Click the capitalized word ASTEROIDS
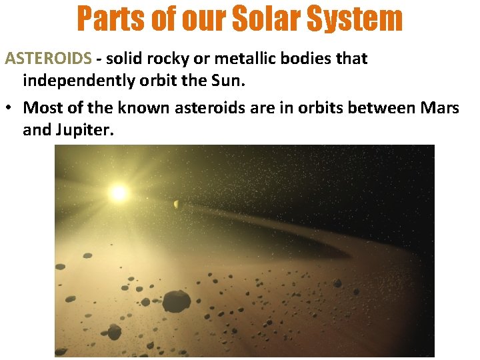(x=48, y=59)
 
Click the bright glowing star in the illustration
(x=119, y=193)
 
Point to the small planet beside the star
(x=176, y=204)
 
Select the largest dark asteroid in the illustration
(x=176, y=301)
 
